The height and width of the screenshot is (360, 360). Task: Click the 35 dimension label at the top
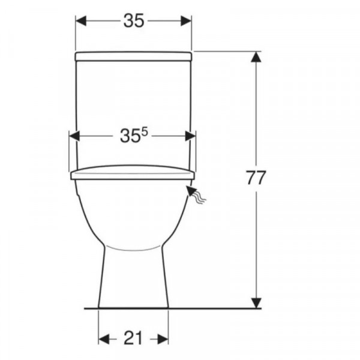click(134, 20)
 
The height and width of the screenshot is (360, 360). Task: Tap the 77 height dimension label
click(256, 178)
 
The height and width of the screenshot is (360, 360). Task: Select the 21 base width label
click(133, 338)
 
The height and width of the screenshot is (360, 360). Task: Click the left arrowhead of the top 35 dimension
click(81, 21)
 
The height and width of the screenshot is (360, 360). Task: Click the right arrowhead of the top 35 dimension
click(186, 21)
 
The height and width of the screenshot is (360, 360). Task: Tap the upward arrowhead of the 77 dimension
click(256, 57)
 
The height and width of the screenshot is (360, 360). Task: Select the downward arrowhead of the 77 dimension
click(256, 303)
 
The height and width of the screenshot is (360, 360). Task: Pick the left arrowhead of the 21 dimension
click(104, 339)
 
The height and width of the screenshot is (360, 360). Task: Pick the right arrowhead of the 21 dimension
click(163, 339)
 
